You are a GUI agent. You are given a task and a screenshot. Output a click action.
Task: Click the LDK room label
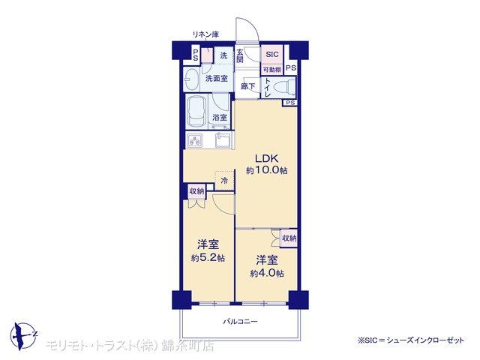pyautogui.click(x=267, y=158)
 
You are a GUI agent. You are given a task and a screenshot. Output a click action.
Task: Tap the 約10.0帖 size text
pyautogui.click(x=267, y=170)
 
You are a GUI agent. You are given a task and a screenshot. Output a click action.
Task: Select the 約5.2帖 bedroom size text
pyautogui.click(x=208, y=258)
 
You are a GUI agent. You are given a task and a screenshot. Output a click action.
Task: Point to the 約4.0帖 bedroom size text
pyautogui.click(x=267, y=273)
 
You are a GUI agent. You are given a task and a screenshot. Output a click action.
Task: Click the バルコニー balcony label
pyautogui.click(x=240, y=322)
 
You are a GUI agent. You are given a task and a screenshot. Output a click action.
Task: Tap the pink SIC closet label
pyautogui.click(x=271, y=55)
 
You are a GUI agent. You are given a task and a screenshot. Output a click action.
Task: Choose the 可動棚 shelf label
pyautogui.click(x=271, y=70)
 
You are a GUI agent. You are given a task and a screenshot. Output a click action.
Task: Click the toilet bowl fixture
pyautogui.click(x=283, y=87)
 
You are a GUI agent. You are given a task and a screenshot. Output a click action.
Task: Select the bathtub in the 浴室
pyautogui.click(x=196, y=112)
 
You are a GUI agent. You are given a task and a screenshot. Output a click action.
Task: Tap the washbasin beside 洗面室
pyautogui.click(x=191, y=79)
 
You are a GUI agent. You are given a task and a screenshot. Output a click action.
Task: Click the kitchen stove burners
pyautogui.click(x=195, y=141)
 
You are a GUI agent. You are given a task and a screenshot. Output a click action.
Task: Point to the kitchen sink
pyautogui.click(x=223, y=141)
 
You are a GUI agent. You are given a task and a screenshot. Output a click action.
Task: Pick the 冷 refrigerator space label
pyautogui.click(x=225, y=181)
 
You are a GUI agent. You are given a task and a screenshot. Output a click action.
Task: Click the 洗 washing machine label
pyautogui.click(x=223, y=55)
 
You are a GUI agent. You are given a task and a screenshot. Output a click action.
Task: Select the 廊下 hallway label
pyautogui.click(x=247, y=86)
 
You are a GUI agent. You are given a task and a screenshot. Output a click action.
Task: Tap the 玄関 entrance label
pyautogui.click(x=240, y=56)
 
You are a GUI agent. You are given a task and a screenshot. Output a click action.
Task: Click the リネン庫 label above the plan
pyautogui.click(x=205, y=34)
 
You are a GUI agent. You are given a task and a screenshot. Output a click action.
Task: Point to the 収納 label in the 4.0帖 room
pyautogui.click(x=289, y=238)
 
